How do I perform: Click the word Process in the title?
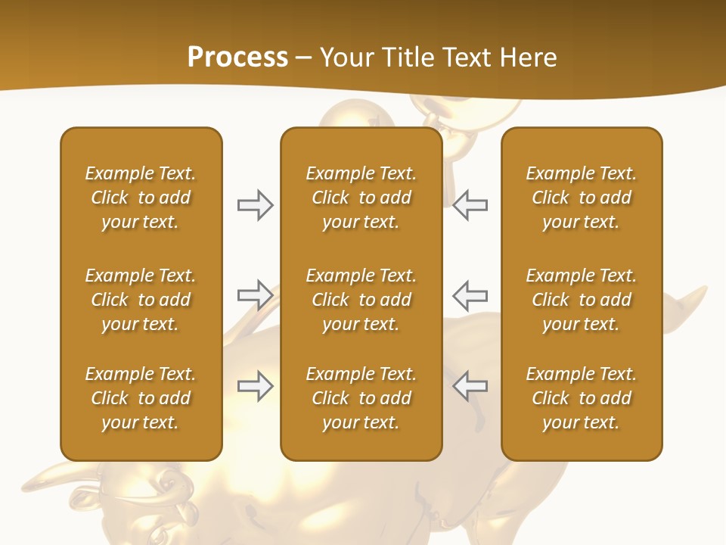click(x=237, y=58)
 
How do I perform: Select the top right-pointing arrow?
click(x=255, y=205)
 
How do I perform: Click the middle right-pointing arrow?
click(x=255, y=294)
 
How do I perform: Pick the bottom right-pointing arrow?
click(x=255, y=386)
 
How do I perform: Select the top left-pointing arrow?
click(x=470, y=205)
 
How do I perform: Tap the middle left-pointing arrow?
click(x=470, y=294)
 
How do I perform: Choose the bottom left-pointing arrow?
click(x=470, y=386)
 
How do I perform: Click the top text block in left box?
click(x=141, y=198)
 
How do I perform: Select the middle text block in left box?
click(x=141, y=300)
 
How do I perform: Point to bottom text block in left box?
click(x=141, y=398)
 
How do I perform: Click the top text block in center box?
click(x=361, y=198)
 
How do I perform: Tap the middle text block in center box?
click(x=361, y=300)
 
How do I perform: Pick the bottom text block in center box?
click(x=361, y=398)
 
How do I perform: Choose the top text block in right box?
click(x=581, y=198)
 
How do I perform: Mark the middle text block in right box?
click(x=581, y=300)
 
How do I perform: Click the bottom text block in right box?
click(x=581, y=398)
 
